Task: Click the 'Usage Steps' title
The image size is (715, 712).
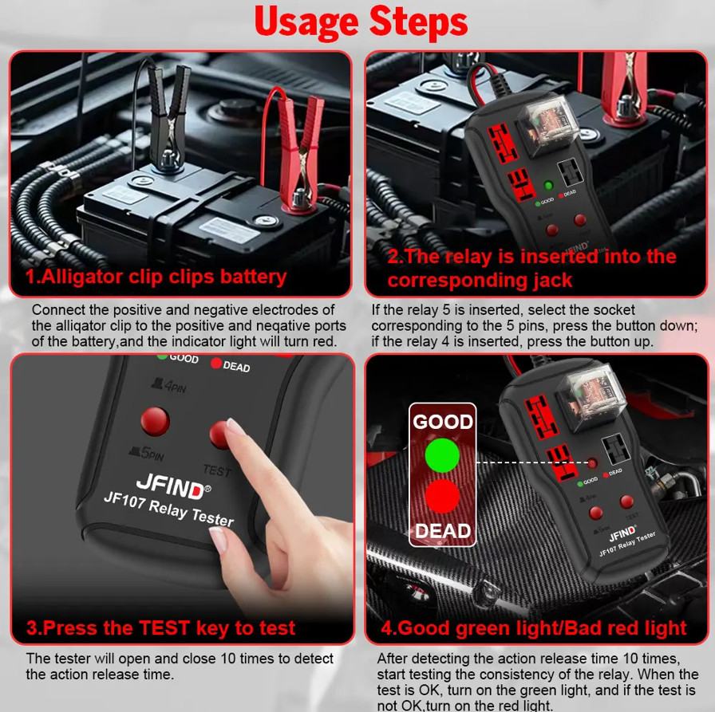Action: click(361, 24)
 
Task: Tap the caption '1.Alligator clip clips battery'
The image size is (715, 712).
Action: click(156, 277)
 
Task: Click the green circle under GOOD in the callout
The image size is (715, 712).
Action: click(442, 455)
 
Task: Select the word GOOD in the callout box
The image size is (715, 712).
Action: click(442, 422)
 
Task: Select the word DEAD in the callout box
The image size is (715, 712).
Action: click(442, 530)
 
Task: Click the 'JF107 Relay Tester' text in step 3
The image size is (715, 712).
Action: click(169, 509)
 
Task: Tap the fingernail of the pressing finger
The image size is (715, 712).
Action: click(235, 427)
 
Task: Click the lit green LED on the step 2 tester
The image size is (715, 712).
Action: click(548, 187)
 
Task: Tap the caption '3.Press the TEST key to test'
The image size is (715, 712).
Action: click(160, 627)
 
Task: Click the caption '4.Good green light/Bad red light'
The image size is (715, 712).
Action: click(533, 627)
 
